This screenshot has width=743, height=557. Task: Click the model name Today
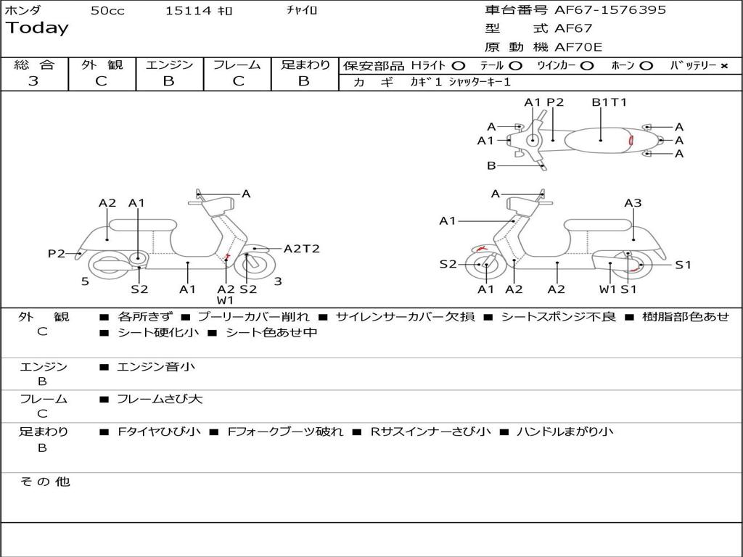(x=37, y=28)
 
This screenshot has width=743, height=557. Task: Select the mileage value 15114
(x=188, y=11)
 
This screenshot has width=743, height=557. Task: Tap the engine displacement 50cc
(x=107, y=11)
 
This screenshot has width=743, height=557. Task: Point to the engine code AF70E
(x=578, y=47)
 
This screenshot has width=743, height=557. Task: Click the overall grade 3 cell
(x=33, y=81)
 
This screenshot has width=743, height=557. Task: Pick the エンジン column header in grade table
(x=169, y=65)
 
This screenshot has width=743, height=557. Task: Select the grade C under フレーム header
(x=238, y=81)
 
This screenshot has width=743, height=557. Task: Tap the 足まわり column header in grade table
(x=305, y=65)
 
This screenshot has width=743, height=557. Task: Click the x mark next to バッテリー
(x=723, y=65)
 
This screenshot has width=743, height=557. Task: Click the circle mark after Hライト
(x=458, y=65)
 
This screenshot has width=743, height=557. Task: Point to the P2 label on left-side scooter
(x=57, y=253)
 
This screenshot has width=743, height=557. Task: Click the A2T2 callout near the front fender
(x=301, y=249)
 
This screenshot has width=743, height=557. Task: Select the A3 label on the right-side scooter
(x=633, y=203)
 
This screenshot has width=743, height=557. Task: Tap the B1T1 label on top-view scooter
(x=609, y=102)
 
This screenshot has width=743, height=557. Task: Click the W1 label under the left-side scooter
(x=225, y=300)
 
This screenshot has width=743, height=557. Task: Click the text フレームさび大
(x=160, y=399)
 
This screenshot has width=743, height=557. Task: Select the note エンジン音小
(x=156, y=367)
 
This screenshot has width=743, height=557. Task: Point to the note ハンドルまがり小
(x=565, y=432)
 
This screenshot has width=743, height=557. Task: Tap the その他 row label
(x=44, y=482)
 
